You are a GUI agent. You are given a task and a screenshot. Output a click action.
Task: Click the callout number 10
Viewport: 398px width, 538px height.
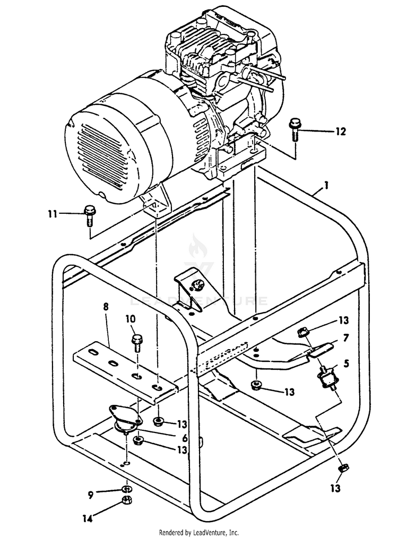tap(131, 319)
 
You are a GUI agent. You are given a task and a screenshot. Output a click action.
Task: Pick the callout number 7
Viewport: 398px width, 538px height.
tap(345, 338)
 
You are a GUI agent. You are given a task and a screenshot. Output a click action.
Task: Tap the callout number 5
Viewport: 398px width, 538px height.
tap(347, 364)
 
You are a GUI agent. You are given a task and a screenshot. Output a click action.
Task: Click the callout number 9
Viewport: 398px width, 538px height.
tap(91, 494)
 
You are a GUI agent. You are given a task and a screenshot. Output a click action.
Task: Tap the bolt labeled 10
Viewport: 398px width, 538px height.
tap(136, 342)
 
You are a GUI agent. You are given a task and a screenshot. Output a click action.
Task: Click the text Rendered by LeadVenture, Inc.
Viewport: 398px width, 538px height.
tap(199, 532)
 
